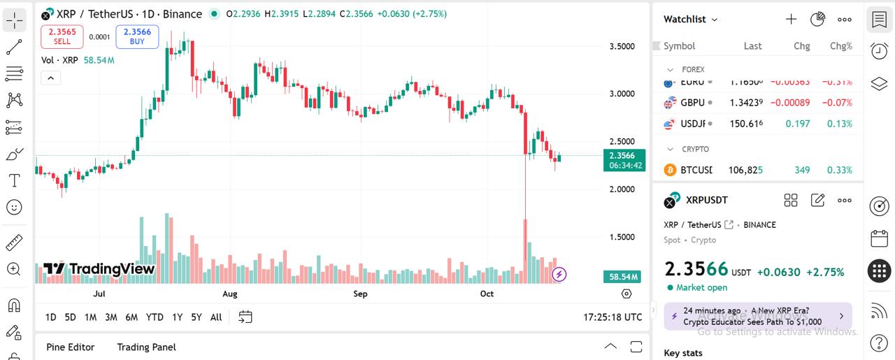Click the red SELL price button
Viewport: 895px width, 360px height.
(62, 36)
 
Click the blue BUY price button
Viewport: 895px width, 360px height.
(137, 36)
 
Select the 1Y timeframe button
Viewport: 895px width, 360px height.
(178, 317)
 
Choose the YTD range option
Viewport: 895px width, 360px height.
(155, 317)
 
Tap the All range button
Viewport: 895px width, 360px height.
(216, 317)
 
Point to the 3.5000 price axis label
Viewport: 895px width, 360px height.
(622, 46)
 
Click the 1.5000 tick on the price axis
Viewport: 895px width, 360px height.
(622, 237)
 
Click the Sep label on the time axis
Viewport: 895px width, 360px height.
(360, 294)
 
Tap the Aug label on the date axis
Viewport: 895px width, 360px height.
(229, 294)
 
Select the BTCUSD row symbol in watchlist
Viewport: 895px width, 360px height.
(696, 170)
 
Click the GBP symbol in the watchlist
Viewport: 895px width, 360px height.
(692, 103)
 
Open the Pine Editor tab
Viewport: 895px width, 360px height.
(70, 347)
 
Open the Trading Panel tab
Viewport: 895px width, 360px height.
(146, 347)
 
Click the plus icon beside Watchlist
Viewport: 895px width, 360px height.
(791, 19)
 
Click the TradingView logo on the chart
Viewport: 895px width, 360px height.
(99, 269)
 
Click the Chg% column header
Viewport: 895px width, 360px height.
(840, 46)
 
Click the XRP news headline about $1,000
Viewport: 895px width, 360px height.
(752, 317)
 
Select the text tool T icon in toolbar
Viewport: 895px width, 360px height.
(14, 180)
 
